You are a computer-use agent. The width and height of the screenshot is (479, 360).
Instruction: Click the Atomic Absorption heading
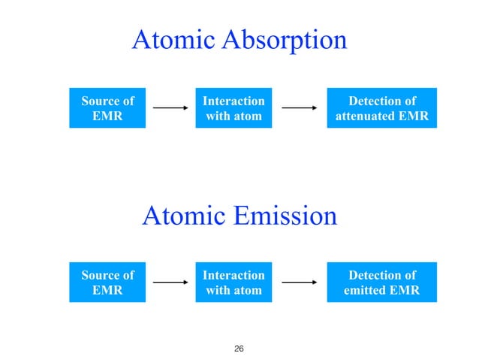239,41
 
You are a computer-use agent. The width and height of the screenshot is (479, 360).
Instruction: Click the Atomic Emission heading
239,216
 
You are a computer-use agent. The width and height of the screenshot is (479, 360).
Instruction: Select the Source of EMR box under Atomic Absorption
107,108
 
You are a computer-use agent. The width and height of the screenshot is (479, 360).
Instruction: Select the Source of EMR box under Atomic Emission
107,283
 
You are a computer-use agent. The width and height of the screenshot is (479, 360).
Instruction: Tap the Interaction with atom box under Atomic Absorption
233,108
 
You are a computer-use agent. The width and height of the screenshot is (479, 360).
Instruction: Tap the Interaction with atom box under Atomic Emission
233,283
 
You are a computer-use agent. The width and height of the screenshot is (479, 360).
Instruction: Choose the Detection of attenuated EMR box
381,108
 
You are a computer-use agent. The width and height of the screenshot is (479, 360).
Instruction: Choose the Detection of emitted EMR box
381,283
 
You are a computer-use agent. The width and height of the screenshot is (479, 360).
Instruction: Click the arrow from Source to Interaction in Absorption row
170,108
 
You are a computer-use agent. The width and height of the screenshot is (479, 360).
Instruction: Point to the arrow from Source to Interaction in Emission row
170,283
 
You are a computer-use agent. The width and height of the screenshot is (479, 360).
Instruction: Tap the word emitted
369,290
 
